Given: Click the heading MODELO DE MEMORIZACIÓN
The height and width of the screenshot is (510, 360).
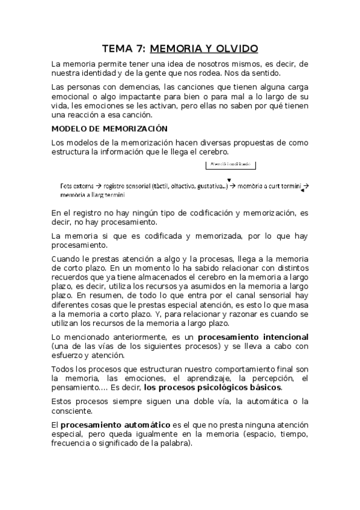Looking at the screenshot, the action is pyautogui.click(x=109, y=129).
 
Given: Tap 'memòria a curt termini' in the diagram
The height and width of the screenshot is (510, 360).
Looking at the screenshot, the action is pyautogui.click(x=268, y=187).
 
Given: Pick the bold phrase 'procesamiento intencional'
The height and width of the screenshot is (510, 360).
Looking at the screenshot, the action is pyautogui.click(x=253, y=337).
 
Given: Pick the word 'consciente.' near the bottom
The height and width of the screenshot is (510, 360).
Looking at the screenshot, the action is pyautogui.click(x=75, y=411).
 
